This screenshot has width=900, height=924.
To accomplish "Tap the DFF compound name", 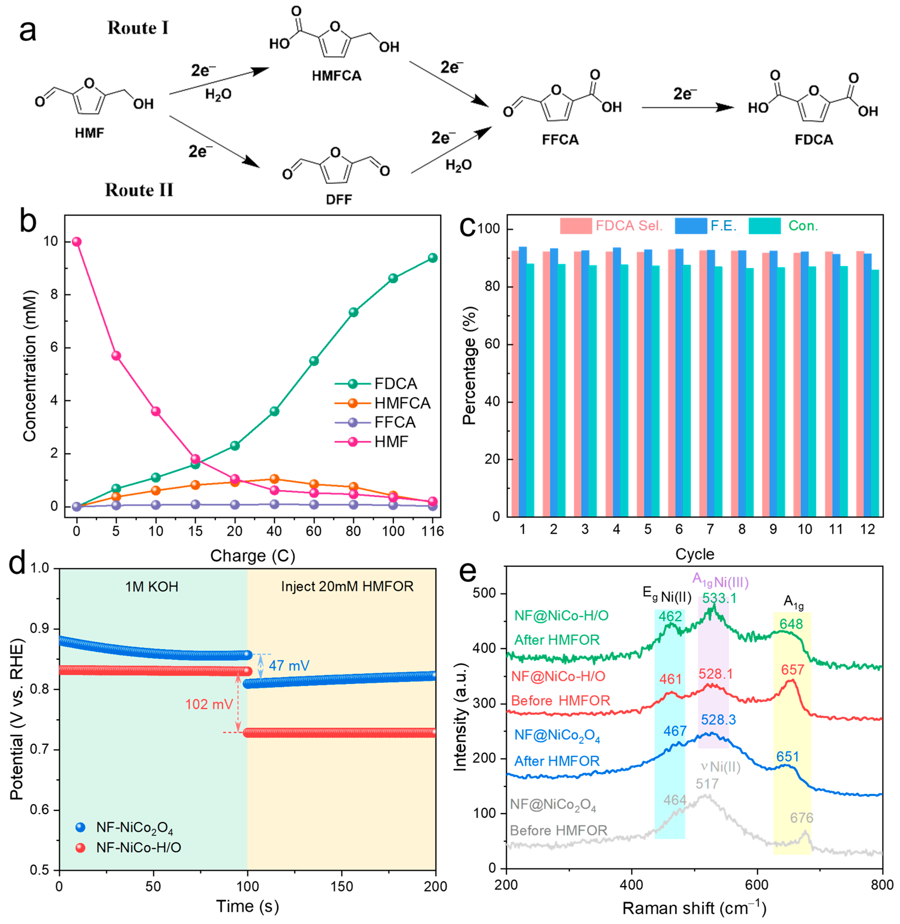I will pyautogui.click(x=339, y=199).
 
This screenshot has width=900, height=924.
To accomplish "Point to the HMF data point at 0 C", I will pyautogui.click(x=76, y=242).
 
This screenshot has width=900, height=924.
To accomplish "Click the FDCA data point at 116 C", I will pyautogui.click(x=433, y=258).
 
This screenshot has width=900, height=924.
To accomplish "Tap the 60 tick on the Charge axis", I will pyautogui.click(x=313, y=531).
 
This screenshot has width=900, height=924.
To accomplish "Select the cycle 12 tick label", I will pyautogui.click(x=867, y=529).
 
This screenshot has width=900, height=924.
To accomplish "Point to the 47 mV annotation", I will pyautogui.click(x=289, y=666).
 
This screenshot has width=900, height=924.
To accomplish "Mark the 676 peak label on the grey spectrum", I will pyautogui.click(x=802, y=818).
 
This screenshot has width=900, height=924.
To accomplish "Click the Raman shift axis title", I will pyautogui.click(x=694, y=908).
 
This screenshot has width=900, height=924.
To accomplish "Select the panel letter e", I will pyautogui.click(x=468, y=572).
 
